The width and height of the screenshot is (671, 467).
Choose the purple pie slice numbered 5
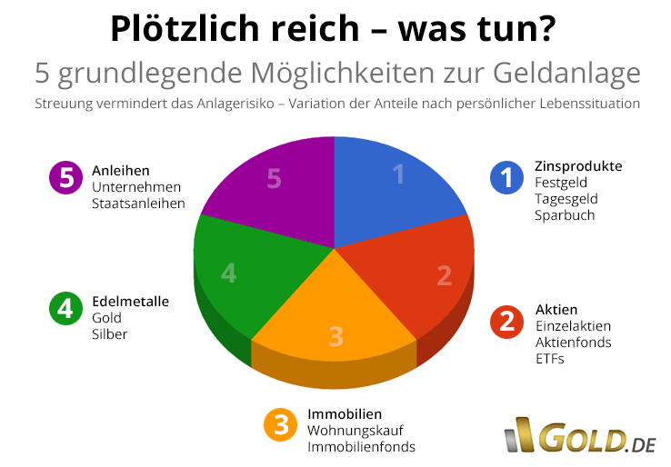pyautogui.click(x=273, y=182)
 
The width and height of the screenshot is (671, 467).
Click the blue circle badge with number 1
pyautogui.click(x=506, y=177)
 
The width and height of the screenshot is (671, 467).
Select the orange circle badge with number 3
pyautogui.click(x=279, y=424)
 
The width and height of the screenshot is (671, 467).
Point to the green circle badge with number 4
pyautogui.click(x=65, y=309)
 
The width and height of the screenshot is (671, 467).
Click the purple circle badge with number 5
pyautogui.click(x=65, y=178)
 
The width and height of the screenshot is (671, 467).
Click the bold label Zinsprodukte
pyautogui.click(x=578, y=166)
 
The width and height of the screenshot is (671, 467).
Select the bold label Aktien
pyautogui.click(x=556, y=309)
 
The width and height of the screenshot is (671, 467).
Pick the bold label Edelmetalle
pyautogui.click(x=130, y=301)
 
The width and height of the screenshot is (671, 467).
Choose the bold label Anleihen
pyautogui.click(x=120, y=170)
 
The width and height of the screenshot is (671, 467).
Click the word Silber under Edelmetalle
pyautogui.click(x=109, y=333)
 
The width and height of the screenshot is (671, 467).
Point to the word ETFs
pyautogui.click(x=549, y=358)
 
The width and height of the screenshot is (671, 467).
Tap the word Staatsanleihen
pyautogui.click(x=137, y=203)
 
